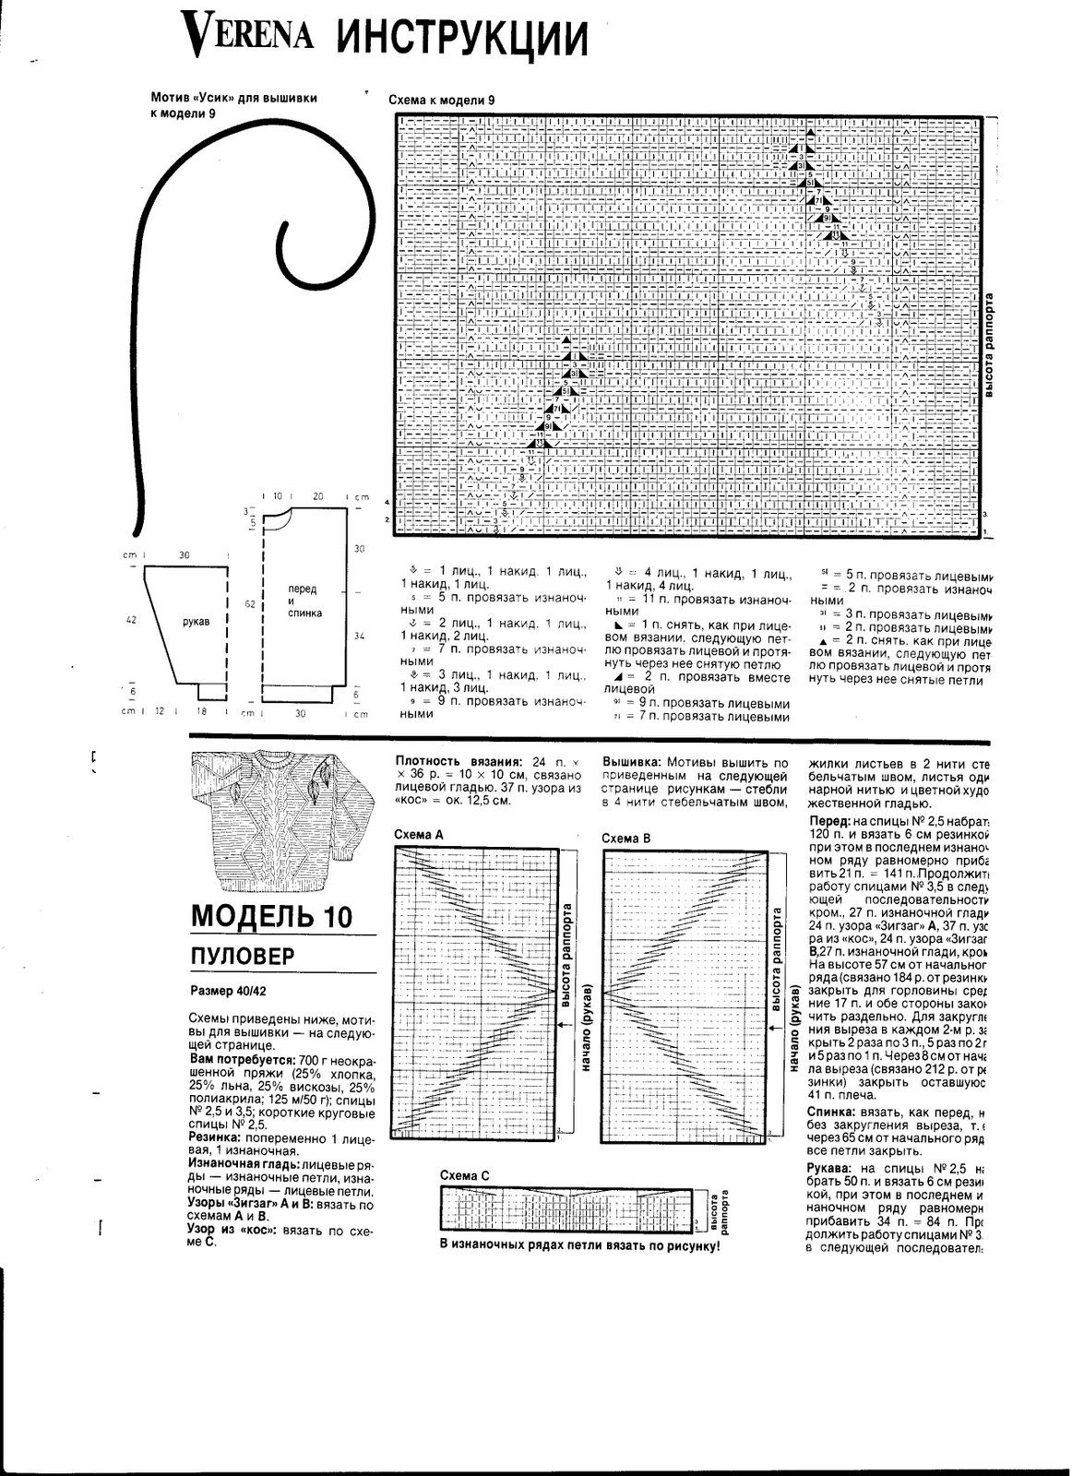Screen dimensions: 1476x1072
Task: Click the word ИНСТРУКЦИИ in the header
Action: point(460,37)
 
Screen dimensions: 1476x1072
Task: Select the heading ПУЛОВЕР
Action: point(243,956)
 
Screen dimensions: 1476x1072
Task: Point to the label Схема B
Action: point(626,838)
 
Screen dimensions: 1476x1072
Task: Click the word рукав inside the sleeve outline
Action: point(196,622)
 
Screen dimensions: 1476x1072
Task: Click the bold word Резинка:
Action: point(215,1139)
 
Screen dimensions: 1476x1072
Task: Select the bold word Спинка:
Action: point(834,1113)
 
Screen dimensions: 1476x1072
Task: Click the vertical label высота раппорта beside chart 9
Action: point(988,346)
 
